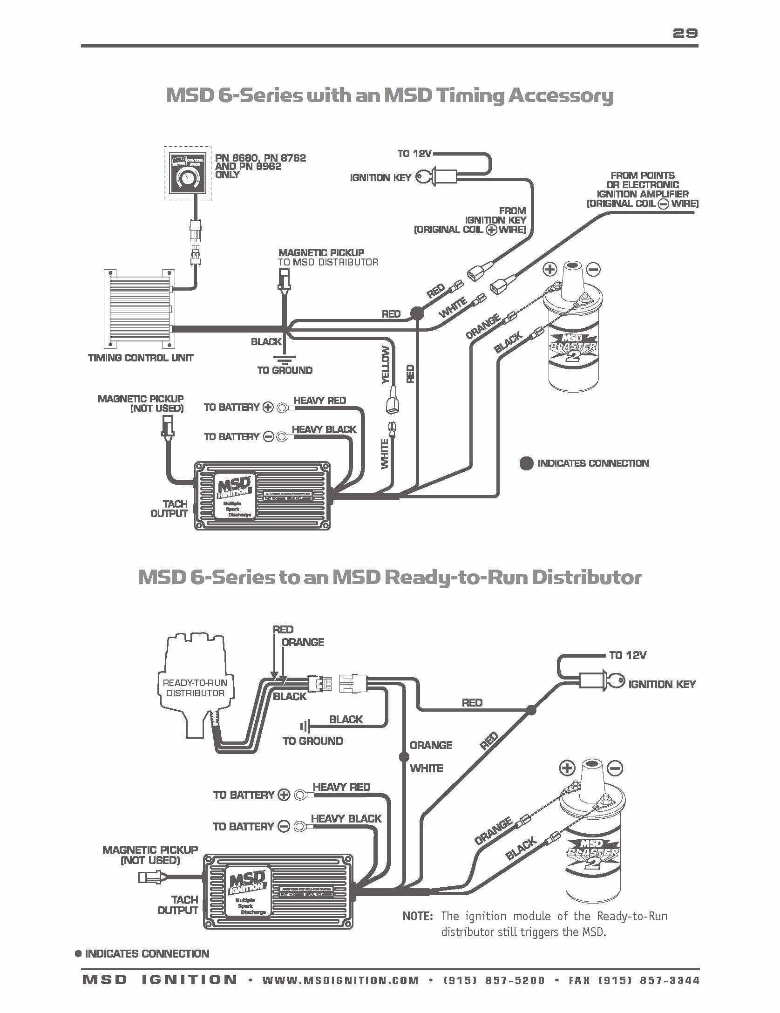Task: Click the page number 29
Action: [x=685, y=33]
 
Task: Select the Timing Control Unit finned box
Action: [x=138, y=308]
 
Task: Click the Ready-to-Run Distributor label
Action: [x=195, y=687]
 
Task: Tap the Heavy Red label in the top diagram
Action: [x=320, y=401]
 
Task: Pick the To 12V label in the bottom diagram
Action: [x=628, y=655]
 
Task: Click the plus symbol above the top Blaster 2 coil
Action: [x=550, y=269]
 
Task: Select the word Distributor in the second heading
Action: [x=586, y=577]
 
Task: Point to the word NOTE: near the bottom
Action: [x=418, y=916]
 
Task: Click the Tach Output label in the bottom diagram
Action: [x=178, y=904]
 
